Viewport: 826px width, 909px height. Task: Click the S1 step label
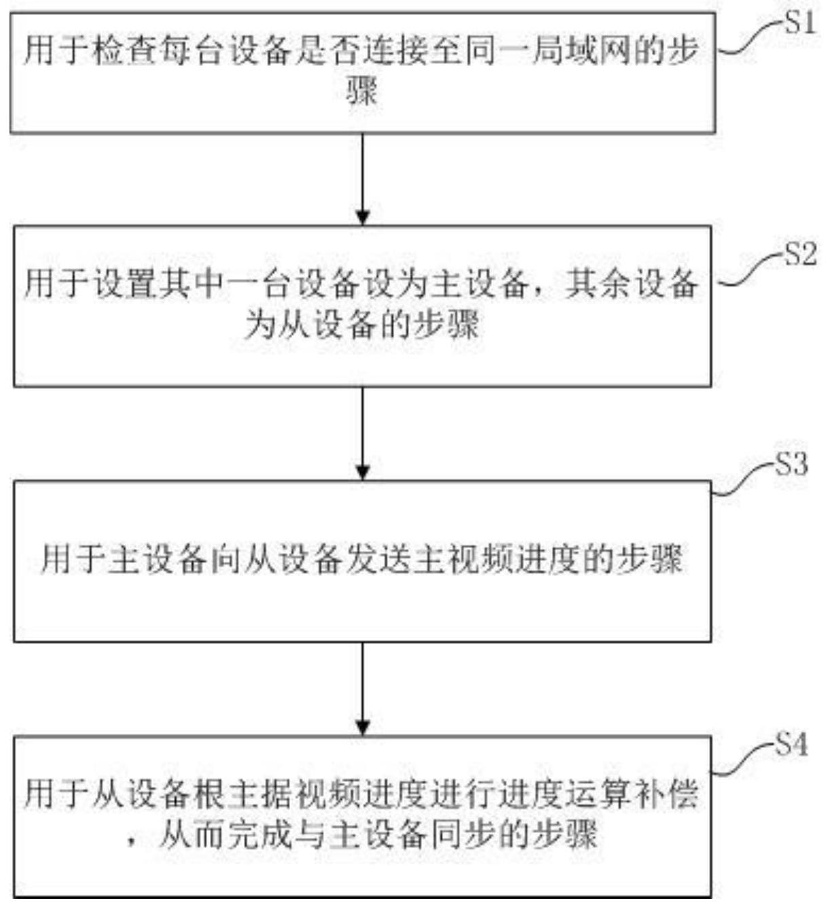click(x=800, y=22)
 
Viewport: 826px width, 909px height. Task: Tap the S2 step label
click(x=800, y=253)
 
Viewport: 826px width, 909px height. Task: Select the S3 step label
click(x=791, y=464)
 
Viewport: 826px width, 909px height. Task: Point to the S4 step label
click(x=791, y=744)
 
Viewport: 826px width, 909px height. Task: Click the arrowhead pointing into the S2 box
click(x=363, y=217)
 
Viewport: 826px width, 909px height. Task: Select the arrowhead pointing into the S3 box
click(x=363, y=473)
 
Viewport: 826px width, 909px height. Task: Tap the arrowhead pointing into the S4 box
click(x=363, y=728)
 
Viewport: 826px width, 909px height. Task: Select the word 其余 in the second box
click(x=596, y=285)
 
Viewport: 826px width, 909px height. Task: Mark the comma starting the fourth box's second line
click(x=132, y=843)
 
